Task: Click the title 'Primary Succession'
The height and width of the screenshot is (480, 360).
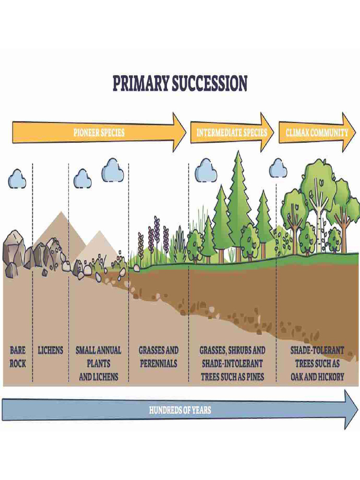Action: pyautogui.click(x=180, y=83)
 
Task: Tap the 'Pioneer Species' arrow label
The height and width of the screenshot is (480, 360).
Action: pyautogui.click(x=99, y=132)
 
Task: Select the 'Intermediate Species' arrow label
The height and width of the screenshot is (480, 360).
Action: pyautogui.click(x=232, y=132)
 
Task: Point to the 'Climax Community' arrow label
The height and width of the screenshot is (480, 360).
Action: pyautogui.click(x=317, y=132)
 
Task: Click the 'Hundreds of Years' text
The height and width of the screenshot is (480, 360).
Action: pyautogui.click(x=180, y=410)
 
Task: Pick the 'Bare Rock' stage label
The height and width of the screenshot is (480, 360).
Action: pyautogui.click(x=18, y=357)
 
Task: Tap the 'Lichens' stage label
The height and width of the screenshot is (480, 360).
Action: pyautogui.click(x=50, y=350)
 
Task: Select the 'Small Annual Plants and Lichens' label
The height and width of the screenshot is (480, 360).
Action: pyautogui.click(x=98, y=363)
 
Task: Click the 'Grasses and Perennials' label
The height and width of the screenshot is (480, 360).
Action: pyautogui.click(x=158, y=357)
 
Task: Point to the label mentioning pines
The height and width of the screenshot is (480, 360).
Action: pyautogui.click(x=232, y=363)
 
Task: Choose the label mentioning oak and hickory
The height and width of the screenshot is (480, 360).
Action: pyautogui.click(x=317, y=363)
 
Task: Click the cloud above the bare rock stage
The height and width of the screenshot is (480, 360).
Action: pyautogui.click(x=17, y=179)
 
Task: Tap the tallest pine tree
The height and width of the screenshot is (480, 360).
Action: pyautogui.click(x=239, y=197)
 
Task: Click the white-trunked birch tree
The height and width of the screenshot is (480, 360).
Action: pyautogui.click(x=322, y=211)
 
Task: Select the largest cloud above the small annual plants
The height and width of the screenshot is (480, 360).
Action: pyautogui.click(x=113, y=170)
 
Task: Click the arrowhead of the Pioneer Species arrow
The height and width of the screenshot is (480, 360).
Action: pyautogui.click(x=179, y=132)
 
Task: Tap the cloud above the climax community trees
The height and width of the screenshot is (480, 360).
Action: pyautogui.click(x=278, y=168)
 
